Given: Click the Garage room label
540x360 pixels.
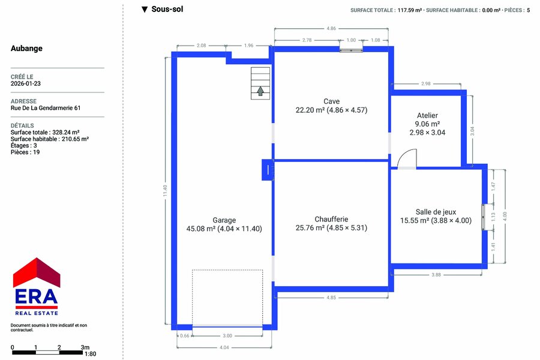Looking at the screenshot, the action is [x=224, y=220].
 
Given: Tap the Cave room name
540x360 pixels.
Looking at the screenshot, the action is [x=331, y=101].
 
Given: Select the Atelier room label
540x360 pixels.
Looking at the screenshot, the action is [x=427, y=115].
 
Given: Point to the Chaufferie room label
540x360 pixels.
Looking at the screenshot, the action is [x=331, y=219].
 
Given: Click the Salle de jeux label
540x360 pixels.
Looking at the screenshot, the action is [x=436, y=212].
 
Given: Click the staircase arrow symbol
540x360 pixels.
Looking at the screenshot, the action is [x=260, y=91].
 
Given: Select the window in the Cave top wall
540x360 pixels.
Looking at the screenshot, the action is [x=351, y=50].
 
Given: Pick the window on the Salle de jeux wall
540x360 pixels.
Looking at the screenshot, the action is [x=483, y=217].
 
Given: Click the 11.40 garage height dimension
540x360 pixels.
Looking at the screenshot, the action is [x=166, y=191].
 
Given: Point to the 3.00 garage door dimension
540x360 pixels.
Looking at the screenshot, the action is [x=227, y=335].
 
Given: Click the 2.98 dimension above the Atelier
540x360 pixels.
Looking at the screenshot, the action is [x=425, y=83].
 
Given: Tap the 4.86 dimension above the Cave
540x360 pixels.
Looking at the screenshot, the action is [x=331, y=28].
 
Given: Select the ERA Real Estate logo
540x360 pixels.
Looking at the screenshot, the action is [x=37, y=287].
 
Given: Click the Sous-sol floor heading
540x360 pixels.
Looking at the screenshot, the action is [x=167, y=10].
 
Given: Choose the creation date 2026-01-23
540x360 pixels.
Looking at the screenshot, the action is [x=25, y=83].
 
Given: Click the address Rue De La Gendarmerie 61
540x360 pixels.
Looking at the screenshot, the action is [x=46, y=108].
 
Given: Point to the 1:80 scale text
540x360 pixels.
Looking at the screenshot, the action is [x=90, y=354].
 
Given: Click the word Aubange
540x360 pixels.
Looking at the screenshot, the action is [x=26, y=48].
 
